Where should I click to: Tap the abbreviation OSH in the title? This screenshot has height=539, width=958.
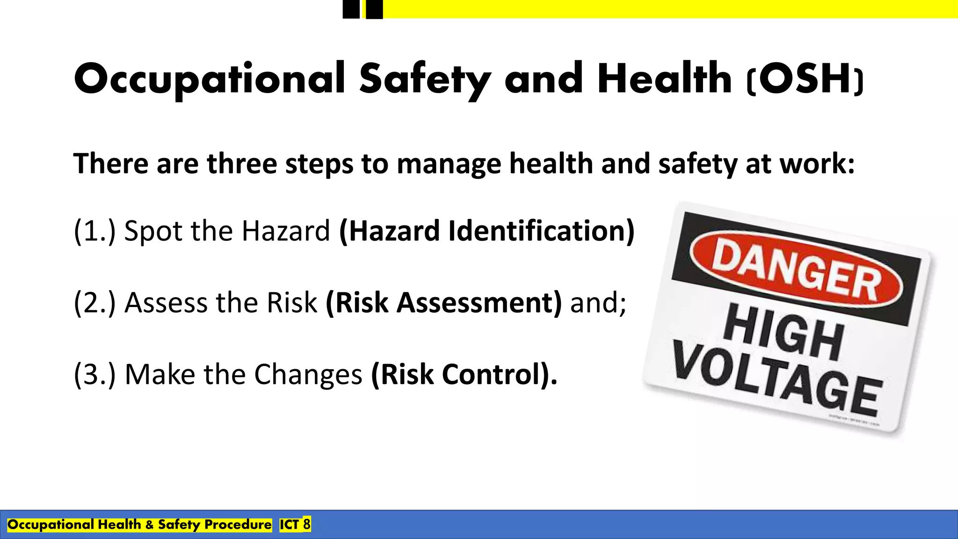[x=806, y=79]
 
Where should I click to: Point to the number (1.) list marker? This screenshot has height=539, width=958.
[x=94, y=231]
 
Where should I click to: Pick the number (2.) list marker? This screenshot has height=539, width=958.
[x=94, y=303]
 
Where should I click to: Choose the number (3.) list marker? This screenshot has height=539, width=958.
[x=94, y=374]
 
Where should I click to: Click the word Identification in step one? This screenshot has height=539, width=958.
[x=536, y=231]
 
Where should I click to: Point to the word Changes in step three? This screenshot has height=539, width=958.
[x=308, y=374]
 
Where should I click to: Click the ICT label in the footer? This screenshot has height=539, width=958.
[x=290, y=524]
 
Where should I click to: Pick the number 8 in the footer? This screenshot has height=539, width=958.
[x=306, y=524]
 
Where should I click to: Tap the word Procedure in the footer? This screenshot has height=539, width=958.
[x=238, y=524]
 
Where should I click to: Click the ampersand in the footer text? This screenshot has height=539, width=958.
[x=149, y=524]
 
